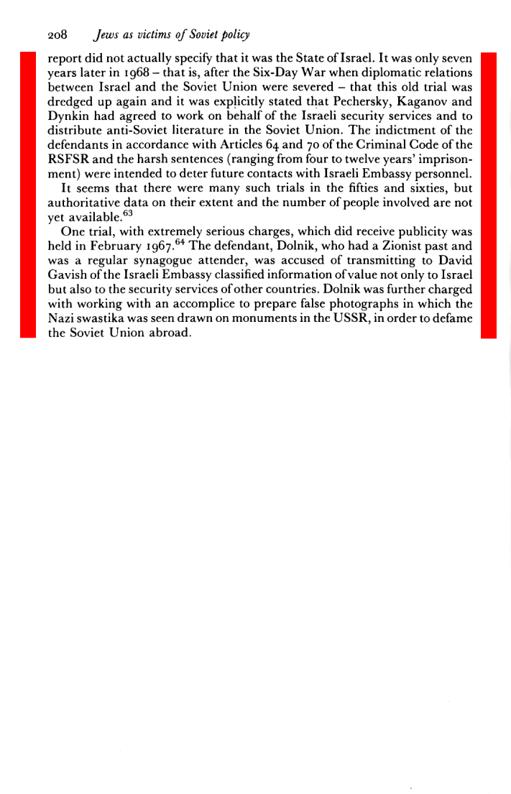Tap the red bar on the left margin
coord(28,194)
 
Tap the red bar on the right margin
coord(488,194)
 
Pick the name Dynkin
coord(66,116)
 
